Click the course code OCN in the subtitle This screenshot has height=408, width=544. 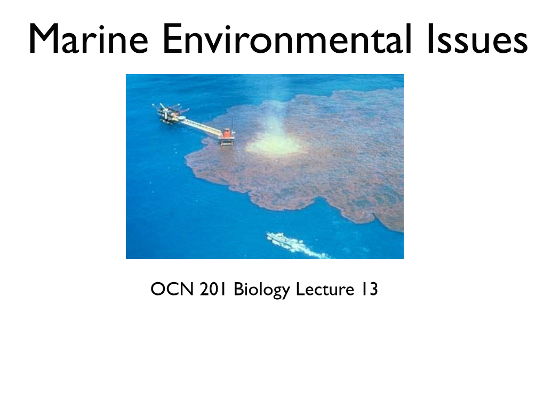(172, 289)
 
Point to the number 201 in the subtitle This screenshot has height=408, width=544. (213, 289)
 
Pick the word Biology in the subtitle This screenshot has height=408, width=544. (261, 290)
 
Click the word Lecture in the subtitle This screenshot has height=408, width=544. (325, 289)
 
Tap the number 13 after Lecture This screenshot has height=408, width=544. (369, 289)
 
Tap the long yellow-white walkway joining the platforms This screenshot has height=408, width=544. (201, 127)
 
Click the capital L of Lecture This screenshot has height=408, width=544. (300, 289)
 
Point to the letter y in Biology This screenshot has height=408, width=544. (285, 293)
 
